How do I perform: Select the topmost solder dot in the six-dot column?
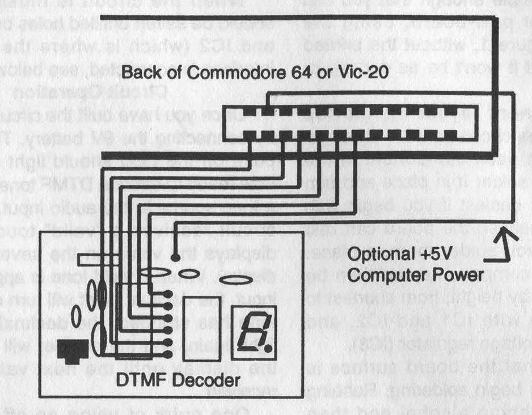click(168, 294)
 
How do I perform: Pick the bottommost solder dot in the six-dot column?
click(168, 354)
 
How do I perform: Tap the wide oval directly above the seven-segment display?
click(236, 280)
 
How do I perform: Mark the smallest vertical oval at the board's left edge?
click(75, 314)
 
